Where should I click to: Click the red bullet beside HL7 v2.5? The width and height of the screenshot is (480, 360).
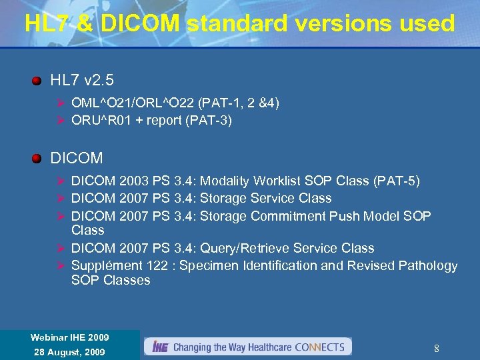coord(37,81)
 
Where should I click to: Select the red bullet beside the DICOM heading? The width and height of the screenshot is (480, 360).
coord(37,159)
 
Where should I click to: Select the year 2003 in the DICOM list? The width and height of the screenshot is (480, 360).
coord(134,181)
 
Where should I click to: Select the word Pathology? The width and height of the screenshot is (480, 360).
coord(427,265)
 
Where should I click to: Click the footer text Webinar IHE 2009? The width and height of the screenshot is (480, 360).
coord(69,337)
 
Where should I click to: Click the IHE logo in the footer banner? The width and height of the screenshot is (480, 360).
coord(159,347)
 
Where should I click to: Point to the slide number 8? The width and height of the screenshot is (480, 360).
coord(436,348)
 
